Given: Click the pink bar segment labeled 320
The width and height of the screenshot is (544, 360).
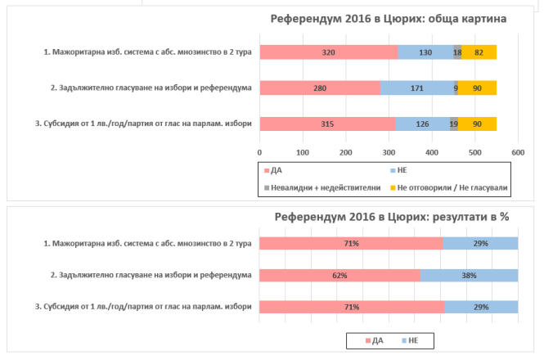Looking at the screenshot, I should point(328,52).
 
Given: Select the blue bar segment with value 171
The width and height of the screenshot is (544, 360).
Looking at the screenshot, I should point(417,88).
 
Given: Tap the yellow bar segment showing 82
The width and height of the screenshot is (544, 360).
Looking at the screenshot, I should point(479,52).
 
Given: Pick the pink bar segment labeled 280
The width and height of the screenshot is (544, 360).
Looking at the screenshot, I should point(320,88).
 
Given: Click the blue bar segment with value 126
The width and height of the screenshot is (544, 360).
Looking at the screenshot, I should point(422,124).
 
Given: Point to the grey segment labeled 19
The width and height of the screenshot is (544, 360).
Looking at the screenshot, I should point(453,124).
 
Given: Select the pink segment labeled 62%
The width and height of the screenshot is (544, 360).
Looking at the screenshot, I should point(339,275).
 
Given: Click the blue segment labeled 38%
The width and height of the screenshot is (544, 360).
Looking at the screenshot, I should point(469,275).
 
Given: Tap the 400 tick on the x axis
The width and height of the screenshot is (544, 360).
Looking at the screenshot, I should point(432,152).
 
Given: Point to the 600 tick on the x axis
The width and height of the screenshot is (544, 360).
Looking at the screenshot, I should point(518,152).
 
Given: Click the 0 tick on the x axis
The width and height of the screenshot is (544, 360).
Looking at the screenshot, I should point(259,152).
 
